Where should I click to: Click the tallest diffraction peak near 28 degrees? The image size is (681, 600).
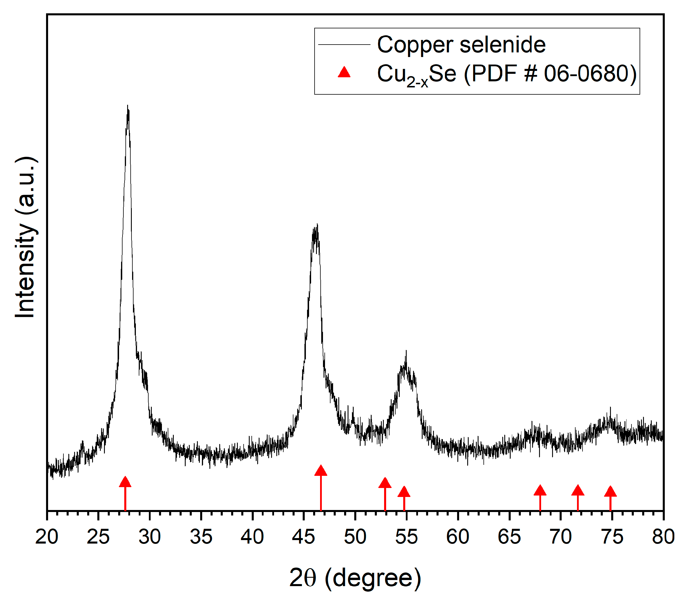click(128, 107)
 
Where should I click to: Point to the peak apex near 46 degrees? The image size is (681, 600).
click(317, 225)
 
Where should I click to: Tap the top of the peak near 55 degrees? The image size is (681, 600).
click(406, 352)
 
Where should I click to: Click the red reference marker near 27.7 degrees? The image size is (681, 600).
click(125, 482)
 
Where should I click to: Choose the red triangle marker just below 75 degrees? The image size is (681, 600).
click(610, 491)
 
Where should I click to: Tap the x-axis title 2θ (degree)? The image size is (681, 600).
click(355, 578)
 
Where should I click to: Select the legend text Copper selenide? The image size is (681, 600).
click(461, 45)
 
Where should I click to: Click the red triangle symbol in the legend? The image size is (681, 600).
click(344, 72)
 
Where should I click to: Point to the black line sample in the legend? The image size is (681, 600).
click(344, 44)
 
